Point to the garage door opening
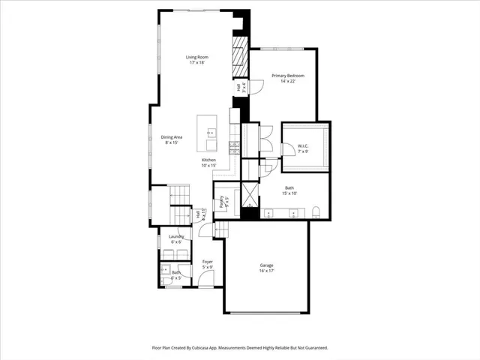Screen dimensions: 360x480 click(x=266, y=311)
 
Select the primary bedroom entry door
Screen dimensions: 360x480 click(x=256, y=88)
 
